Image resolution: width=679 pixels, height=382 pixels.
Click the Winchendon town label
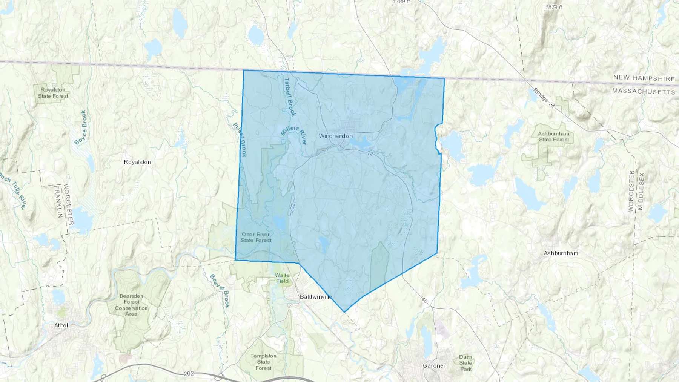[336, 136]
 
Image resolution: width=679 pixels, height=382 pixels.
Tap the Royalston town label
[137, 162]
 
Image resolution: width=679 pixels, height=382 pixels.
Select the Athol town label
[61, 325]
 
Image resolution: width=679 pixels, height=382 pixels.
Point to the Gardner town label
[434, 366]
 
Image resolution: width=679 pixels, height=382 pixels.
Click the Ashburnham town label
[561, 253]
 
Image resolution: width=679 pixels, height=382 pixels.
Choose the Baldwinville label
[316, 297]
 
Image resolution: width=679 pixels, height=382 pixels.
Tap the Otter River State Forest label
[256, 237]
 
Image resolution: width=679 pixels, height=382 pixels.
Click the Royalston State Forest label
[53, 93]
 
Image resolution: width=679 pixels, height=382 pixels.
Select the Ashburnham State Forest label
[553, 137]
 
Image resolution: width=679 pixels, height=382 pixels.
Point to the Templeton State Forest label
[263, 362]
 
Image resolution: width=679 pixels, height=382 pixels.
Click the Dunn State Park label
[465, 363]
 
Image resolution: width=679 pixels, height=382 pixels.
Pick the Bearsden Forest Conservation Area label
[131, 305]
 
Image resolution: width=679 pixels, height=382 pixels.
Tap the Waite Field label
[282, 278]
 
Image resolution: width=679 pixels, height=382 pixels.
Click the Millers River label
[293, 135]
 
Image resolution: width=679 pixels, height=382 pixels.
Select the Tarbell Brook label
[290, 97]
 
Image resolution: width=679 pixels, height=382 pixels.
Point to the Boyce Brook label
[81, 127]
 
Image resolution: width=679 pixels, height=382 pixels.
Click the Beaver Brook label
[220, 291]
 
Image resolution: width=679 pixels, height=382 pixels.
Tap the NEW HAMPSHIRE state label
[644, 78]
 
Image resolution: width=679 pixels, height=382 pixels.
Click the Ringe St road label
[544, 99]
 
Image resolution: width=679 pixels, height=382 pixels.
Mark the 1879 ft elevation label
[553, 7]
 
